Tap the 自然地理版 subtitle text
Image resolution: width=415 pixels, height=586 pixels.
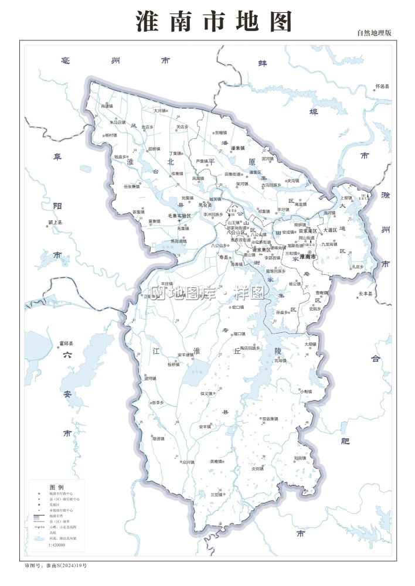[x=373, y=33]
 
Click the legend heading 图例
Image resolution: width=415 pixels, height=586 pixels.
[x=56, y=487]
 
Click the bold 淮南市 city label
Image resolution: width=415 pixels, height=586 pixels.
[x=308, y=257]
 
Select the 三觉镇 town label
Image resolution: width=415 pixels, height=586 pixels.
[x=217, y=495]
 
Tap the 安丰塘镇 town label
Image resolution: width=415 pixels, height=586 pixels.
[x=185, y=355]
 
